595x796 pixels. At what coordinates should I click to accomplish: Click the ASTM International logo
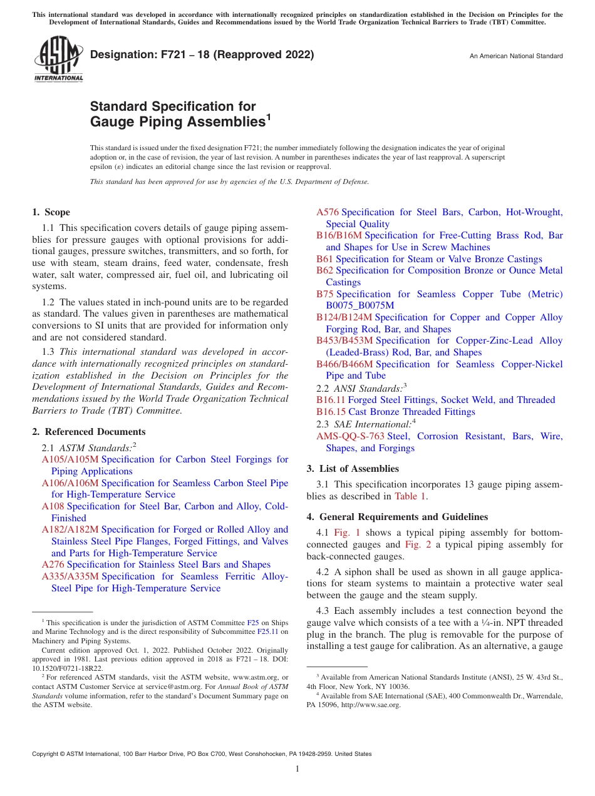click(58, 60)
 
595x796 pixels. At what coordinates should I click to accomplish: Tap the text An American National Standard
click(516, 56)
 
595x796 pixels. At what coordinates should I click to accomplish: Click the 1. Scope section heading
click(51, 212)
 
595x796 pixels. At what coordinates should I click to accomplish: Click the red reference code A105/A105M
click(70, 459)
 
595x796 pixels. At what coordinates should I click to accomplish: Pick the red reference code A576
click(328, 212)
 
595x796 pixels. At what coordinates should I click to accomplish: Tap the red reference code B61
click(324, 259)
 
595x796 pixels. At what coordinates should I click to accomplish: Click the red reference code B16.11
click(331, 400)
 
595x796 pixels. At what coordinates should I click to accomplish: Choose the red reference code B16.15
click(331, 412)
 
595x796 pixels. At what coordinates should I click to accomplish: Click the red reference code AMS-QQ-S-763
click(350, 436)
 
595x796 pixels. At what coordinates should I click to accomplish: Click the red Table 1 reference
click(410, 496)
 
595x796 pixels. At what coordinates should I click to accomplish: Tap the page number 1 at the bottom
click(297, 769)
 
